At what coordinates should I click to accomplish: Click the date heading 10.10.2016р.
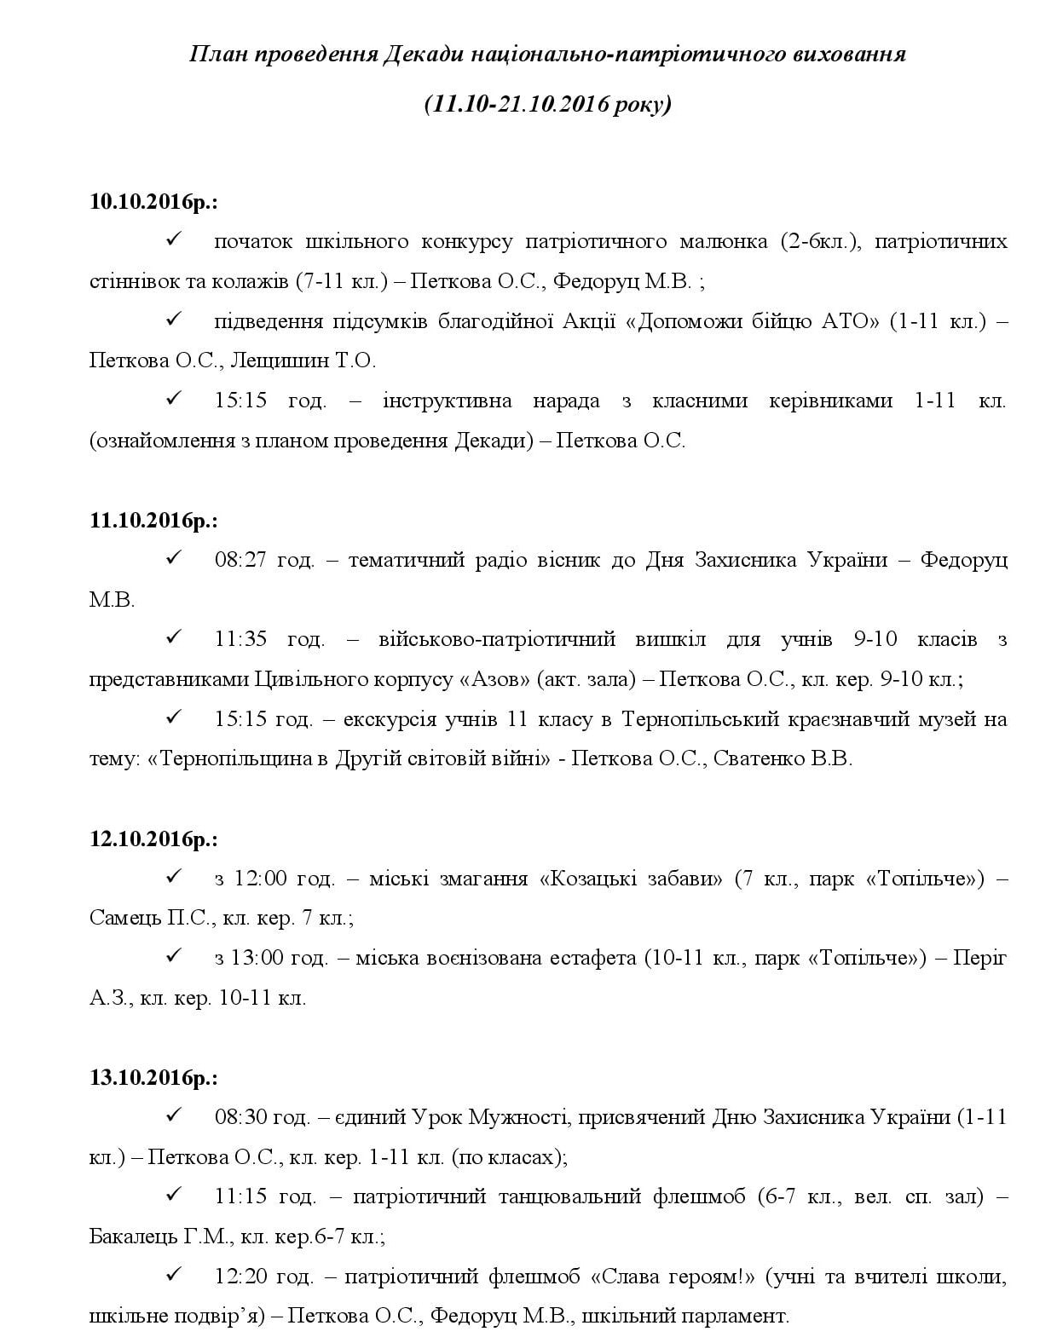point(153,202)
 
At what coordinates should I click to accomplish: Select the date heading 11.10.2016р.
point(153,521)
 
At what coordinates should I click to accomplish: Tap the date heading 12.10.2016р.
point(153,839)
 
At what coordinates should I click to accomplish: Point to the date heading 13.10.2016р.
point(153,1078)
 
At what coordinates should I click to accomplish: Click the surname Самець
point(124,919)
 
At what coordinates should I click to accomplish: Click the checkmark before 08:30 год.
point(175,1115)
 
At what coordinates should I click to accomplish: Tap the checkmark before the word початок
point(175,240)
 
